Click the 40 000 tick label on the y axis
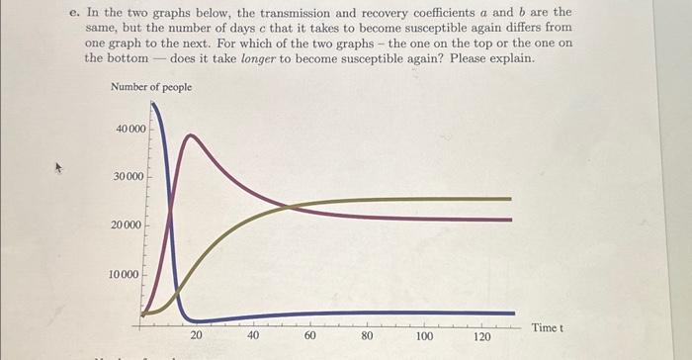pyautogui.click(x=130, y=130)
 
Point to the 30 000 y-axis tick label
pyautogui.click(x=130, y=177)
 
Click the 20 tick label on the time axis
pyautogui.click(x=197, y=336)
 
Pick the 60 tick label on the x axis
pyautogui.click(x=311, y=336)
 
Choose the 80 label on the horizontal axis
pyautogui.click(x=368, y=336)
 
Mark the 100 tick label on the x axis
pyautogui.click(x=425, y=336)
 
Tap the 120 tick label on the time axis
pyautogui.click(x=482, y=336)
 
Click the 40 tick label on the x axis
pyautogui.click(x=254, y=336)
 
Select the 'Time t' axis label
pyautogui.click(x=547, y=327)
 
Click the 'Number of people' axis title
pyautogui.click(x=151, y=88)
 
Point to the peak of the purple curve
pyautogui.click(x=194, y=135)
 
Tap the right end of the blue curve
pyautogui.click(x=513, y=313)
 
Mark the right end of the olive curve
pyautogui.click(x=511, y=199)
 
